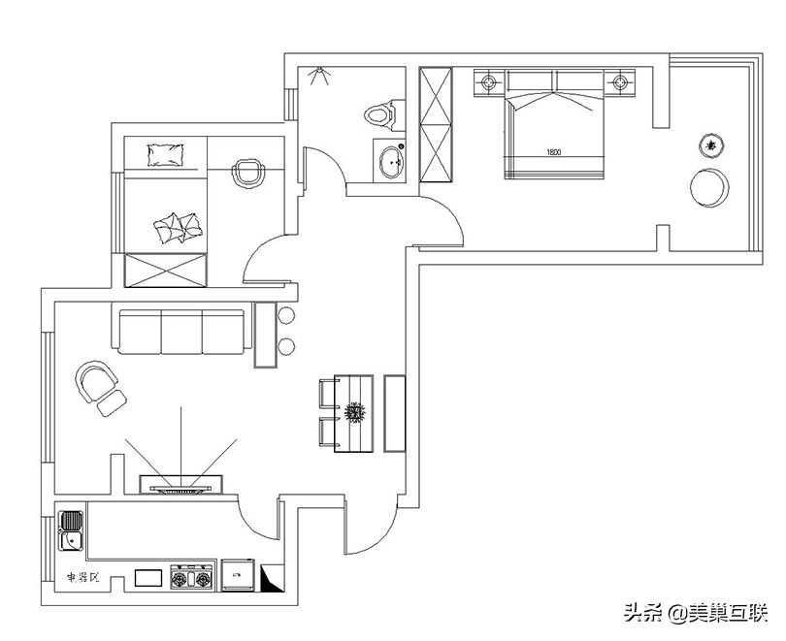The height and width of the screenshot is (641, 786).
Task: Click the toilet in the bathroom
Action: click(382, 113)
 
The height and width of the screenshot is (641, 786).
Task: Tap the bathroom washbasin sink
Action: click(392, 162)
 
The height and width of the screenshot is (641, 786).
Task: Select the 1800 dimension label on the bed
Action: click(553, 152)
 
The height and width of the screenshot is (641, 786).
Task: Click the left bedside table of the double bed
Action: click(488, 82)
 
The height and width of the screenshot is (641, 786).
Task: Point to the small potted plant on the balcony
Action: click(712, 145)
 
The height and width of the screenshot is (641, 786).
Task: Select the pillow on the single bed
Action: click(166, 153)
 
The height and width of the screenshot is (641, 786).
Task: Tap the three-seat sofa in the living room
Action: click(181, 330)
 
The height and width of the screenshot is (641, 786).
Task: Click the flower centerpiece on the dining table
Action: click(355, 412)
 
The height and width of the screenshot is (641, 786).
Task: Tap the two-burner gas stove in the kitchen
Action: click(191, 577)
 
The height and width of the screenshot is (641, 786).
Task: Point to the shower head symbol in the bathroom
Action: click(318, 75)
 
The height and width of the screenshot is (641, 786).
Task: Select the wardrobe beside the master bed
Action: click(436, 124)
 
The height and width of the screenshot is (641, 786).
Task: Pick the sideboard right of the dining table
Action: click(395, 412)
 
